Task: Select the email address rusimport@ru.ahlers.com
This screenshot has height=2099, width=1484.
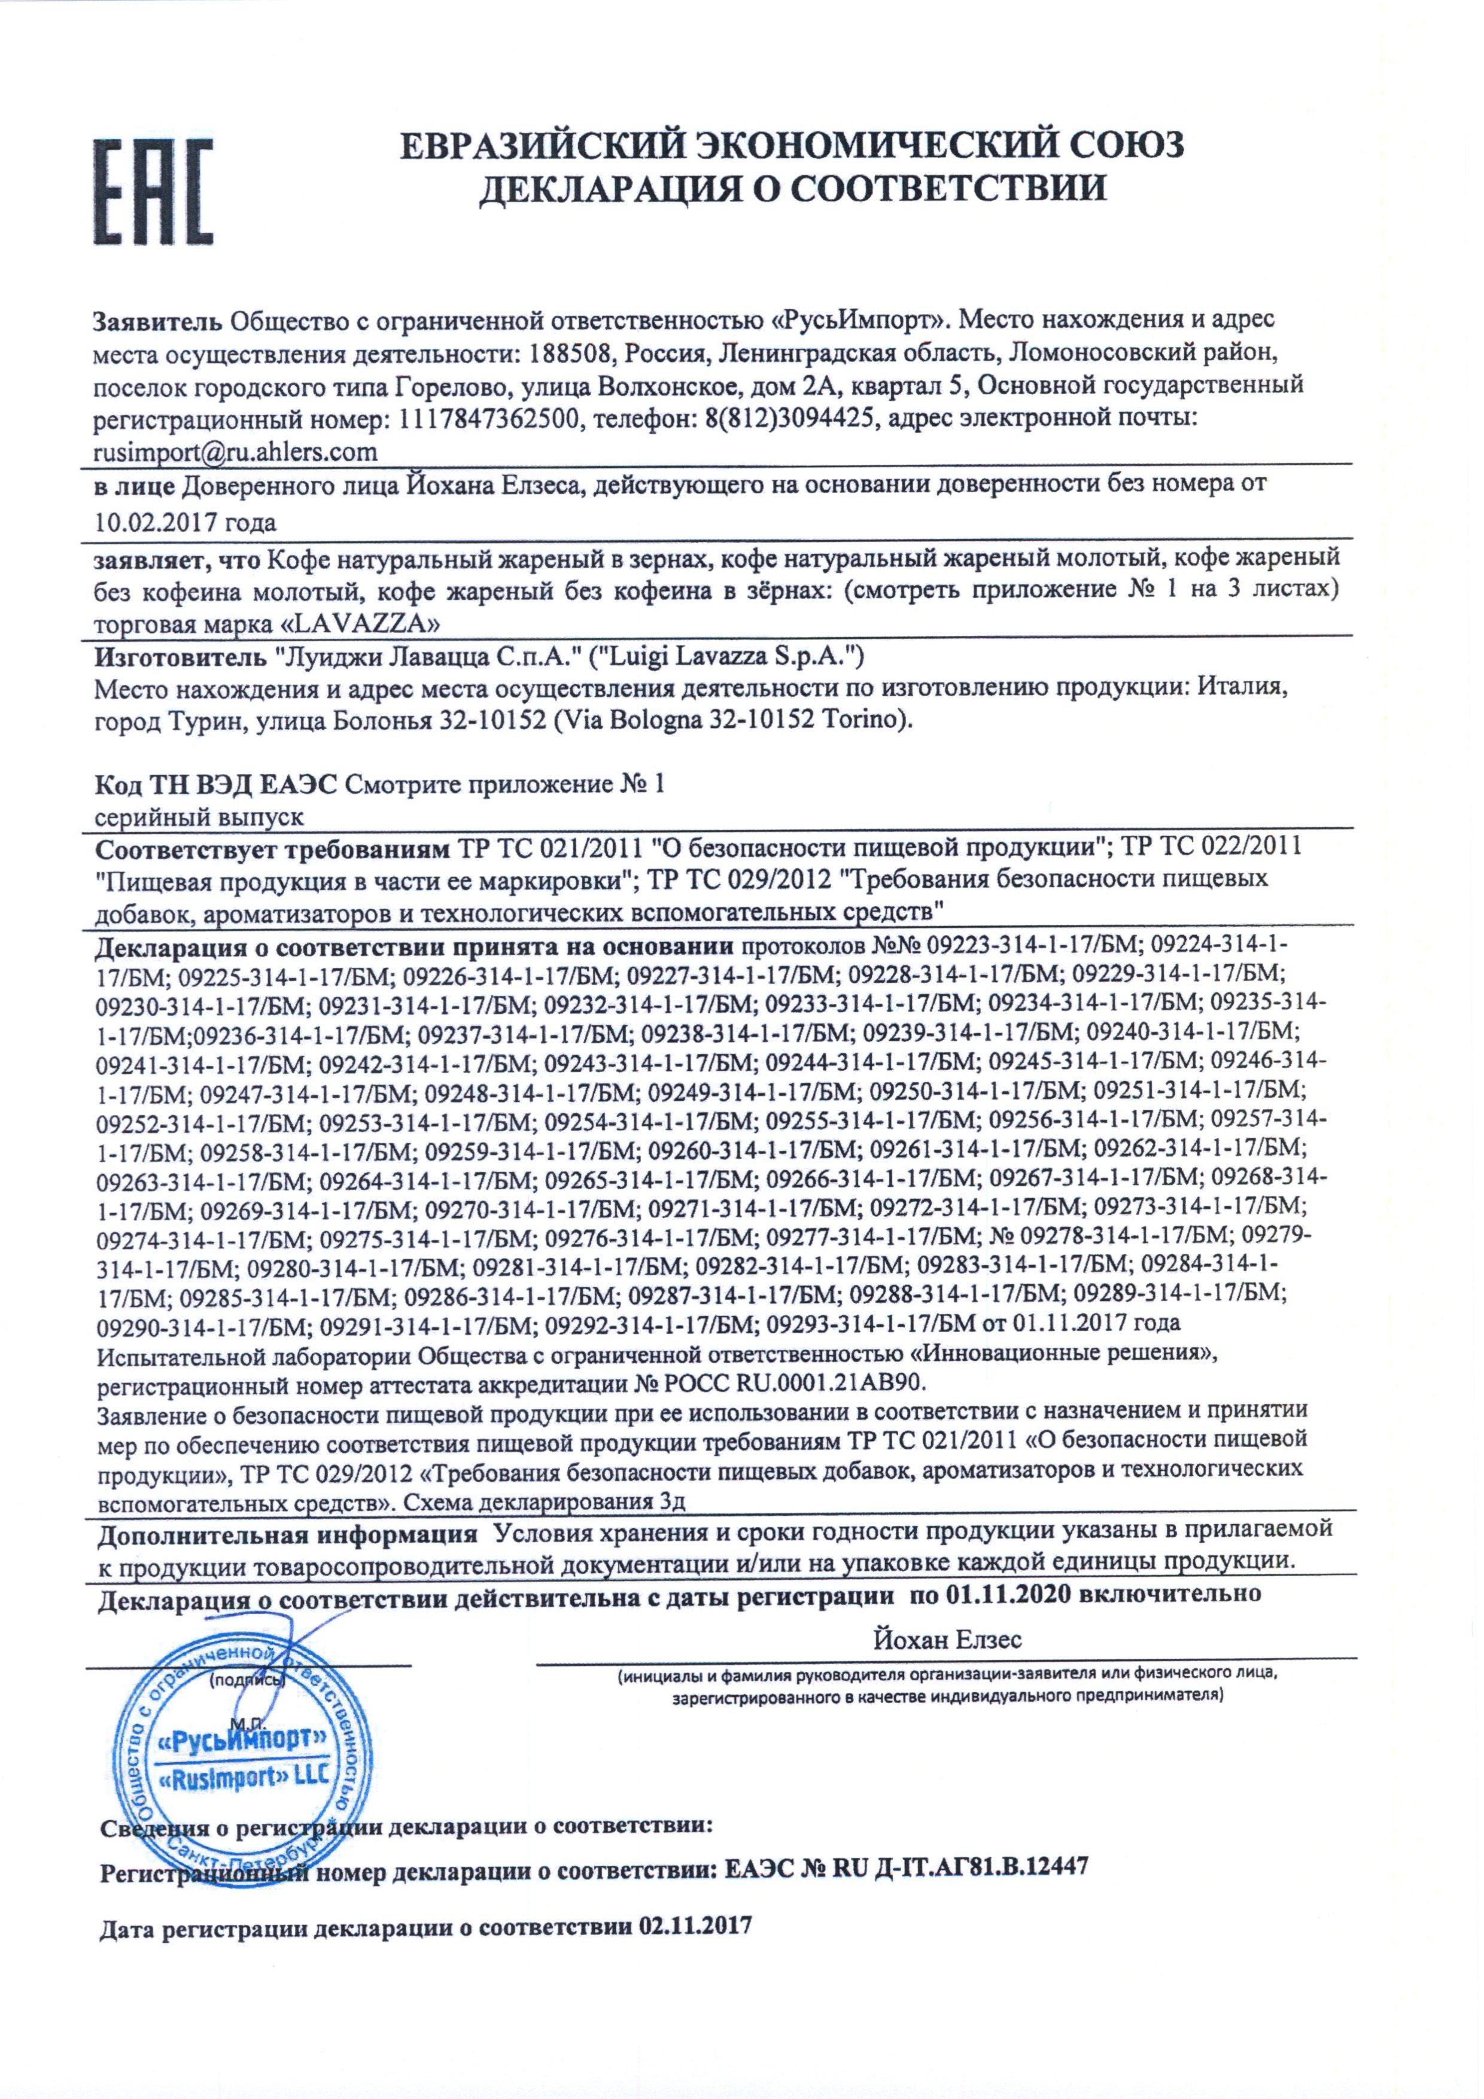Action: coord(236,452)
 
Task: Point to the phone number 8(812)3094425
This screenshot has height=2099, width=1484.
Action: coord(784,419)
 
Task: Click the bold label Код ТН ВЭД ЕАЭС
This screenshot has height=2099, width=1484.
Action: coord(217,784)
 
